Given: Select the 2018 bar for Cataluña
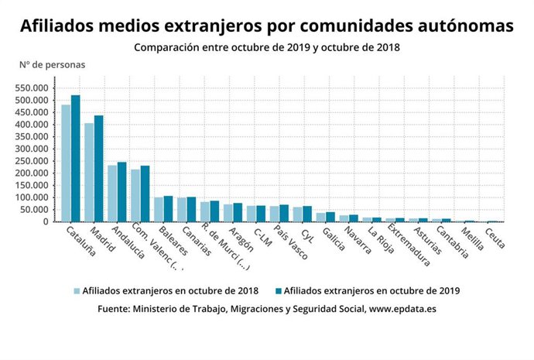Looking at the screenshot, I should pyautogui.click(x=67, y=163).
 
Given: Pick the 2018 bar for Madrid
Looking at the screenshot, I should pyautogui.click(x=90, y=173).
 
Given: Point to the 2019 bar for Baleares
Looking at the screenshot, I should pyautogui.click(x=169, y=209).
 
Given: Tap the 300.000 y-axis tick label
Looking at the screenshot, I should pyautogui.click(x=33, y=149).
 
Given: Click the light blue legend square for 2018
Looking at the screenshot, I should pyautogui.click(x=77, y=291).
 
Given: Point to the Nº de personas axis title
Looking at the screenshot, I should pyautogui.click(x=53, y=64).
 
